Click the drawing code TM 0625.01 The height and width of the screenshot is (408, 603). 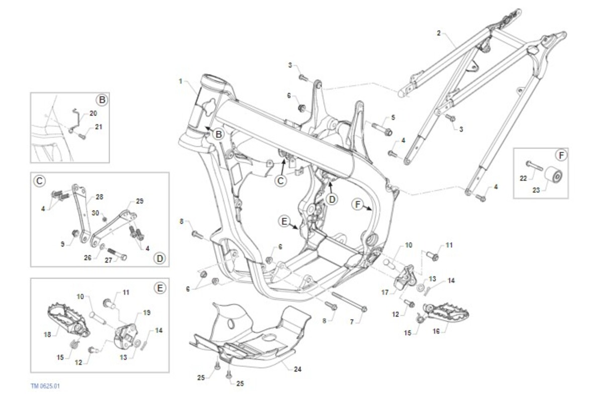(x=45, y=386)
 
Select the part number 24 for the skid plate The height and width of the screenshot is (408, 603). (x=297, y=369)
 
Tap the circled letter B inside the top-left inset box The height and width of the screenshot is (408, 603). (x=102, y=100)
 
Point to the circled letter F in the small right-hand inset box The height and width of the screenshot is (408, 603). (x=561, y=155)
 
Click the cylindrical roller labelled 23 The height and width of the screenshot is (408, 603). (x=553, y=174)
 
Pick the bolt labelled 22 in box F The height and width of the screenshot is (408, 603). (x=534, y=166)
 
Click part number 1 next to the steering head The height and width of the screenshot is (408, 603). (x=180, y=81)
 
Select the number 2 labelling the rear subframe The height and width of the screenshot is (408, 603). (x=439, y=33)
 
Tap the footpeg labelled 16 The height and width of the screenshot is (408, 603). (x=446, y=314)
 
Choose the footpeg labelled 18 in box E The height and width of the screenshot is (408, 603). (x=69, y=320)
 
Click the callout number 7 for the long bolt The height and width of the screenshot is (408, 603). (x=352, y=322)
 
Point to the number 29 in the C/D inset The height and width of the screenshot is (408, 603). (x=140, y=201)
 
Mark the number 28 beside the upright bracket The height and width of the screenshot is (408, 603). (x=99, y=197)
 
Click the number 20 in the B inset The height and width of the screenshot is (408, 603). (x=93, y=113)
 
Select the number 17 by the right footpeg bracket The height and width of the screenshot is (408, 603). (x=385, y=292)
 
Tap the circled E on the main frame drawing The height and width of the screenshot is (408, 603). (x=284, y=222)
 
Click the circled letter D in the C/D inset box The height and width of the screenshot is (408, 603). (x=160, y=258)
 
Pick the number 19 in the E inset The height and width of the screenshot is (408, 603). (x=146, y=313)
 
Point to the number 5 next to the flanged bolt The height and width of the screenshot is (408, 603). (x=393, y=118)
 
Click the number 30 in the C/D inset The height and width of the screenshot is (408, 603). (x=95, y=213)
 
